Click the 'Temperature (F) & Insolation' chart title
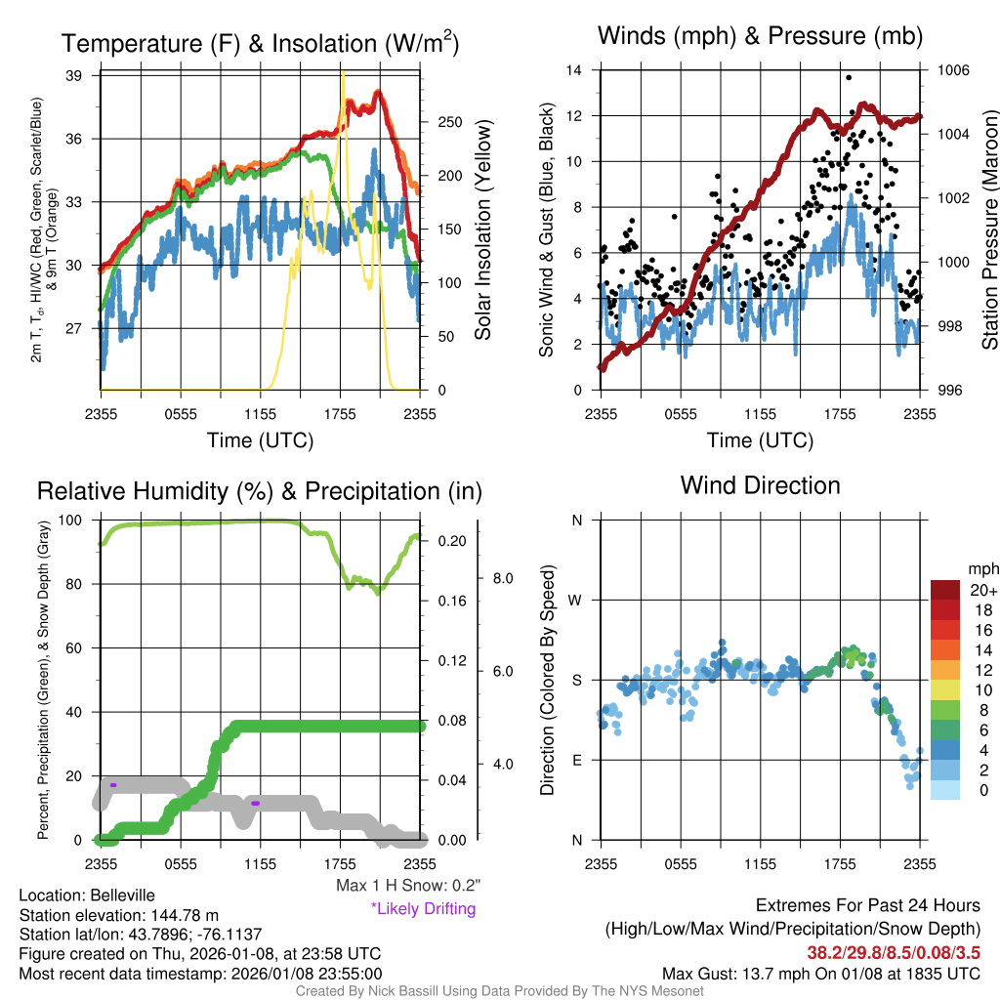[260, 44]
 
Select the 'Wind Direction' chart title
[760, 485]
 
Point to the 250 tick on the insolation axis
[448, 123]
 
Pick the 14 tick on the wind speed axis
[574, 70]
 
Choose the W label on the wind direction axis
[576, 600]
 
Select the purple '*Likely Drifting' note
[423, 909]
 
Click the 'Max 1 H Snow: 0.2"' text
[408, 886]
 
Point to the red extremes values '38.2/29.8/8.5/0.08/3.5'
[894, 951]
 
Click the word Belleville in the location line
[118, 896]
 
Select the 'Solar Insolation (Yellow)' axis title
[482, 230]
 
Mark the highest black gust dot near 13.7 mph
[849, 77]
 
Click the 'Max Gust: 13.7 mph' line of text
[820, 974]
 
